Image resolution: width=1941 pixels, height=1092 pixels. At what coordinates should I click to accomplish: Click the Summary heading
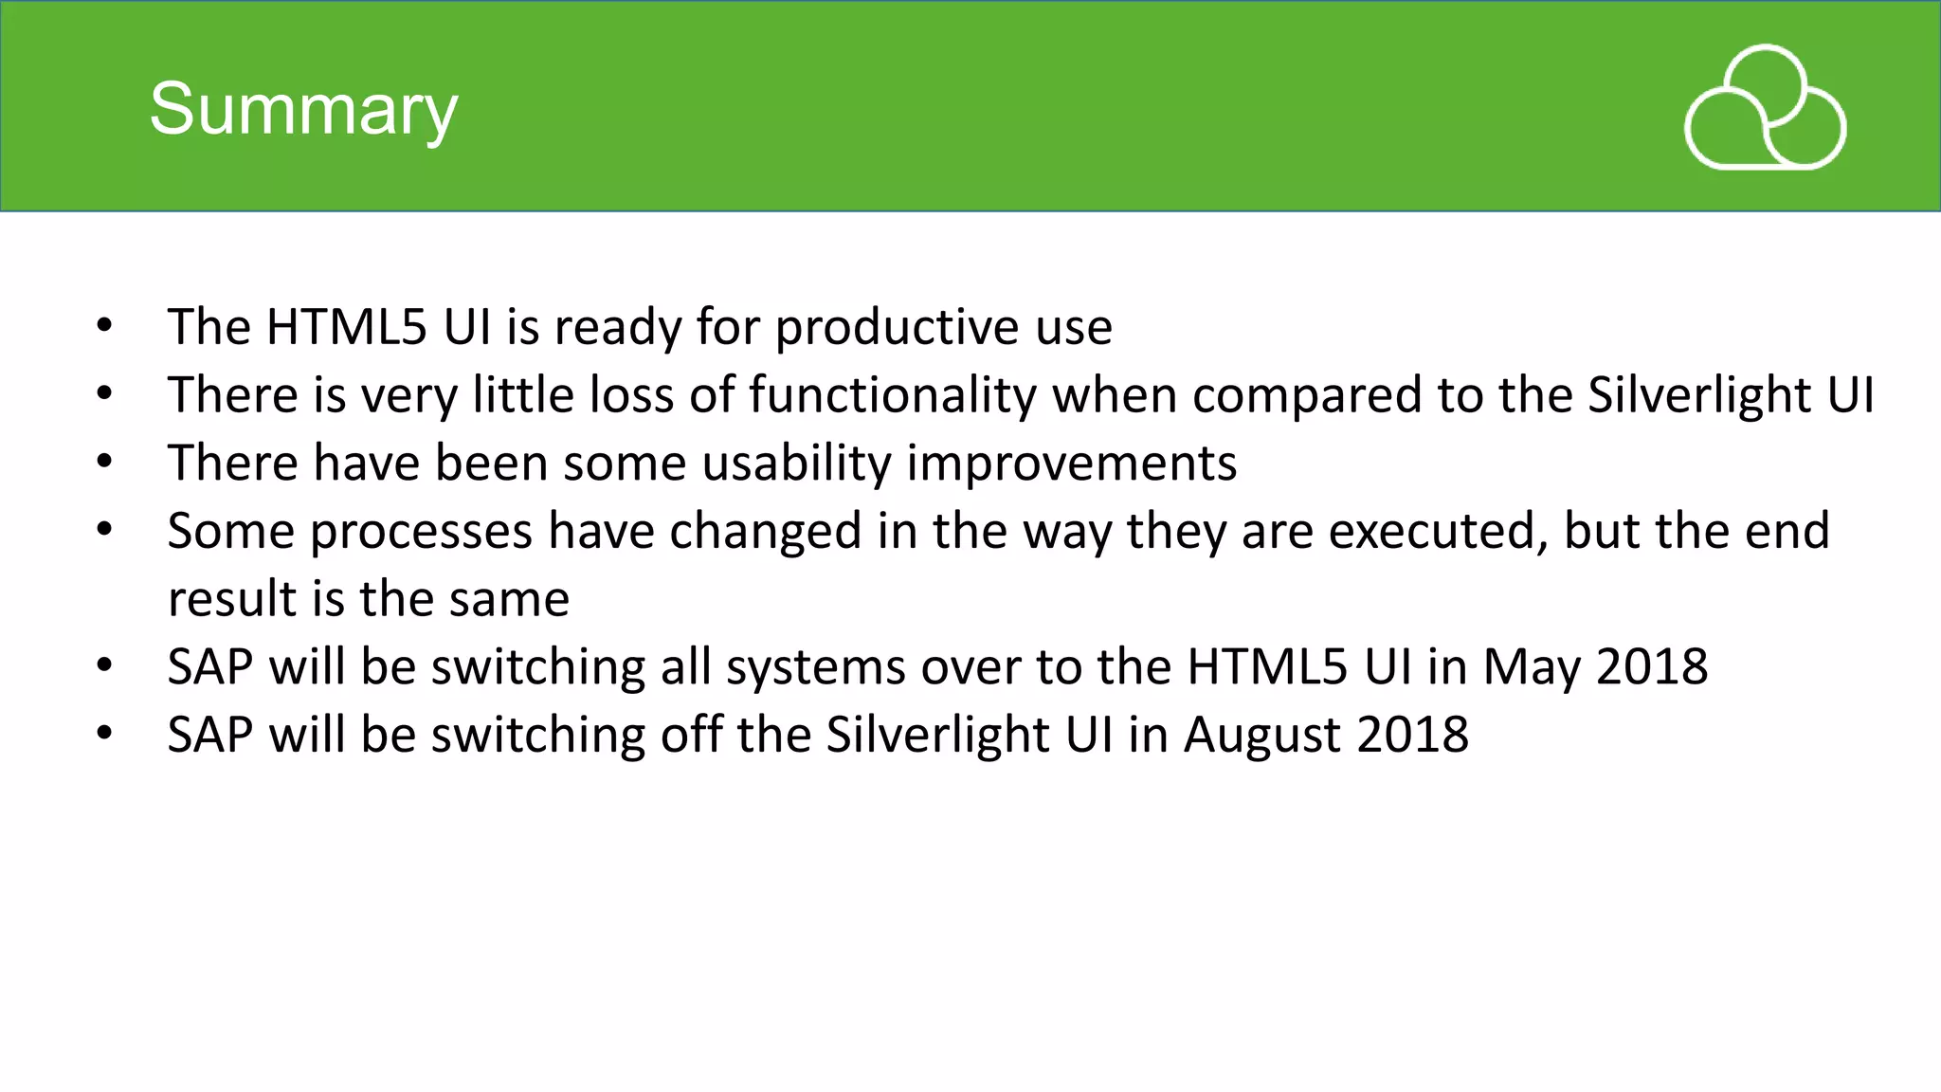click(303, 109)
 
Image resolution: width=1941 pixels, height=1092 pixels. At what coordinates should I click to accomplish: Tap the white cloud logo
click(1765, 108)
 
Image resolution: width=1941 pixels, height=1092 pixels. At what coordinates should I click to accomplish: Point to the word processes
click(421, 531)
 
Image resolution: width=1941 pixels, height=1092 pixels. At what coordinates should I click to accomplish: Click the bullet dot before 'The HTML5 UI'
click(104, 327)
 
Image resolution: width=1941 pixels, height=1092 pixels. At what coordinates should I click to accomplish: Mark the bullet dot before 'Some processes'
click(104, 531)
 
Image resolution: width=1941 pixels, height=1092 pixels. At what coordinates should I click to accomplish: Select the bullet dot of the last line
click(104, 734)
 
